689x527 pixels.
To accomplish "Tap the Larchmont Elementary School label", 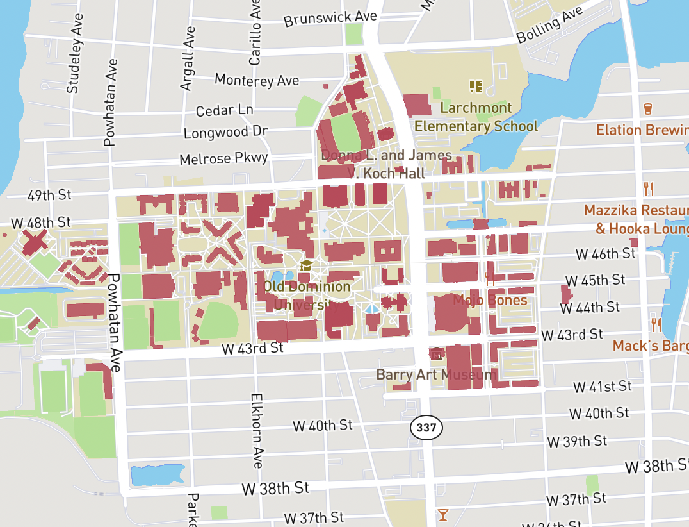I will [x=476, y=117].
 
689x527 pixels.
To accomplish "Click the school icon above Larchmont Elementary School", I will [x=475, y=85].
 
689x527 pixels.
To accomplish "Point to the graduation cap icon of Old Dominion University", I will [x=307, y=265].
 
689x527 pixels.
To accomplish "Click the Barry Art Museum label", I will [x=436, y=374].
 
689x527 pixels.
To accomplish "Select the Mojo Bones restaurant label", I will [x=490, y=300].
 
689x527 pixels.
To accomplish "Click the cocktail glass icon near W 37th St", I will [x=442, y=514].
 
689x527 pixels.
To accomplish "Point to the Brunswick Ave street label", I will [x=321, y=18].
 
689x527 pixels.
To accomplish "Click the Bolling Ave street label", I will [x=549, y=26].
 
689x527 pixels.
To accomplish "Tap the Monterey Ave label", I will [x=257, y=81].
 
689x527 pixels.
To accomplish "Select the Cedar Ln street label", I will [x=224, y=110].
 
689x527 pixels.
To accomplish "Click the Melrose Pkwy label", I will [x=223, y=158].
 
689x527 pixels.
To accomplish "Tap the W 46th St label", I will [x=605, y=254].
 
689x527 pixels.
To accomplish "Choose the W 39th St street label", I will [x=577, y=441].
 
